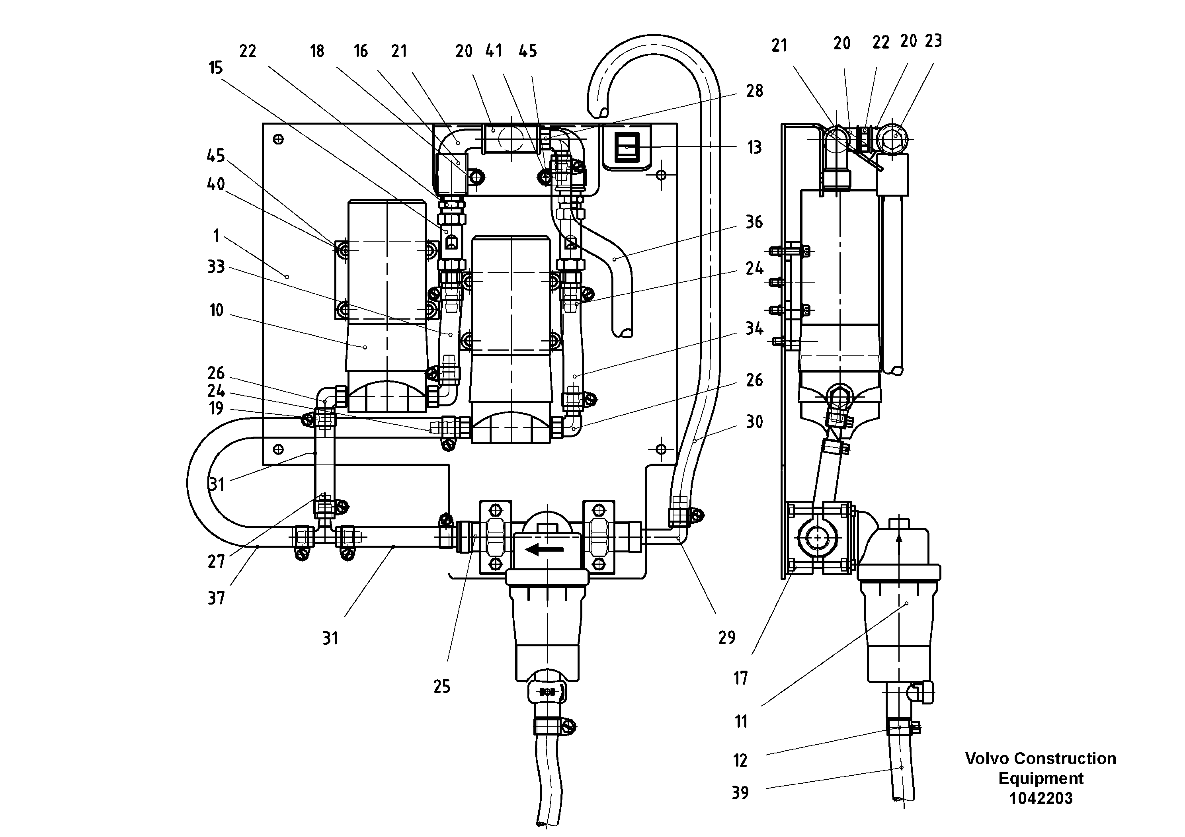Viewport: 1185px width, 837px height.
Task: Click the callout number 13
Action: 754,148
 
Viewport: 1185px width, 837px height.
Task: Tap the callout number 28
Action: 754,91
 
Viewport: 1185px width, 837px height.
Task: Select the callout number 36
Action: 754,222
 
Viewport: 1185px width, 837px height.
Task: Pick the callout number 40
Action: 216,184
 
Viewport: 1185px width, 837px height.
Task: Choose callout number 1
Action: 216,236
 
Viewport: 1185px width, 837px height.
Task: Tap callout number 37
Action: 216,599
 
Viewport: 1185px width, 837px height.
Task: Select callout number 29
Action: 727,638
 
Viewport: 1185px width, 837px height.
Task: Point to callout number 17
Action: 741,679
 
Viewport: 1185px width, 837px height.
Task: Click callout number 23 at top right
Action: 933,41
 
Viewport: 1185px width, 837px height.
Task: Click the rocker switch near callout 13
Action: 627,148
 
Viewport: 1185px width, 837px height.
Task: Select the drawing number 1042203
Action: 1041,798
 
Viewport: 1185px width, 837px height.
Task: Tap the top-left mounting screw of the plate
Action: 278,139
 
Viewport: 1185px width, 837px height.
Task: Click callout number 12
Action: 740,761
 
